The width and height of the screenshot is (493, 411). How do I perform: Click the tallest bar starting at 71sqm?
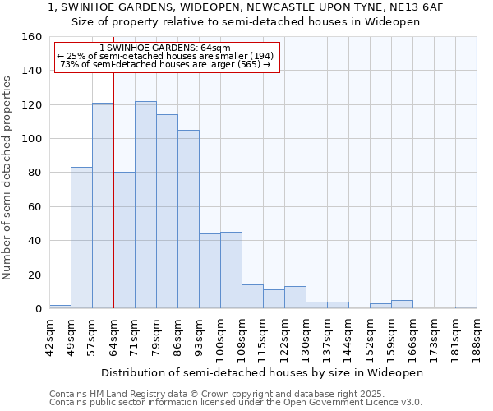coord(145,205)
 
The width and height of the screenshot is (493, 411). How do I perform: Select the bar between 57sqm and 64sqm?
coord(103,205)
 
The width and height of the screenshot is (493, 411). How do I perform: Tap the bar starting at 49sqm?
coord(81,238)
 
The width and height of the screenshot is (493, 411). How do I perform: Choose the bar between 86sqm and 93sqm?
coord(188,219)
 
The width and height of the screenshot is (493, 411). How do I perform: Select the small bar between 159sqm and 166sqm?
coord(402,304)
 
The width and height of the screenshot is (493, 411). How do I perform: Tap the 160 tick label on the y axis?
coord(32,37)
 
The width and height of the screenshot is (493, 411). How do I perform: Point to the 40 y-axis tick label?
coord(35,241)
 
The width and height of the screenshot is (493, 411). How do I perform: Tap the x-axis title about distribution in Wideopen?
coord(262,372)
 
